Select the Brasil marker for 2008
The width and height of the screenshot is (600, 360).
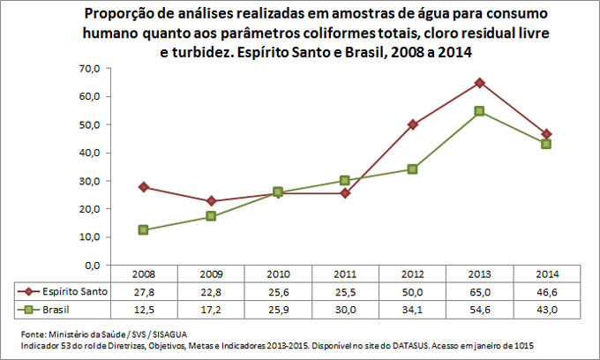point(143,230)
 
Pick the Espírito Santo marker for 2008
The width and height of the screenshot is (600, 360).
point(143,187)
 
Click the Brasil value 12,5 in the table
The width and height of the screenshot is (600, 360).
point(143,309)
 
